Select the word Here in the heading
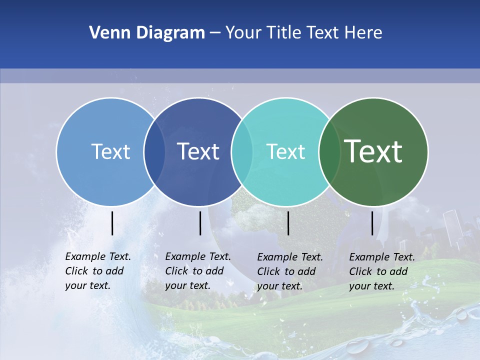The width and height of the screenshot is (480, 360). point(363,33)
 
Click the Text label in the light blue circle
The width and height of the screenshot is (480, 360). point(110,151)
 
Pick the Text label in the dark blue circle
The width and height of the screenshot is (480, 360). point(198,151)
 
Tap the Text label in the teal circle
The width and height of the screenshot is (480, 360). point(285,151)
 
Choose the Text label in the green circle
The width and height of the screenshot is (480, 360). point(373,151)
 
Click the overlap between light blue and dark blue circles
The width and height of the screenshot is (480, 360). point(154,151)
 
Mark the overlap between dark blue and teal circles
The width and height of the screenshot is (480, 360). point(242,151)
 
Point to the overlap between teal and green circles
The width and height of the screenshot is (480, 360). point(329,151)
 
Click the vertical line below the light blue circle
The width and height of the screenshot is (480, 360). point(112,223)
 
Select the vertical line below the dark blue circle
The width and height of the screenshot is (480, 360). point(200,223)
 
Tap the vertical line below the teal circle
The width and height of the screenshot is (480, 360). point(288,223)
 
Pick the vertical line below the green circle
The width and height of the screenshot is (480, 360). point(372,223)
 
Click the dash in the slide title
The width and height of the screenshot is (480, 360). point(215,33)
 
